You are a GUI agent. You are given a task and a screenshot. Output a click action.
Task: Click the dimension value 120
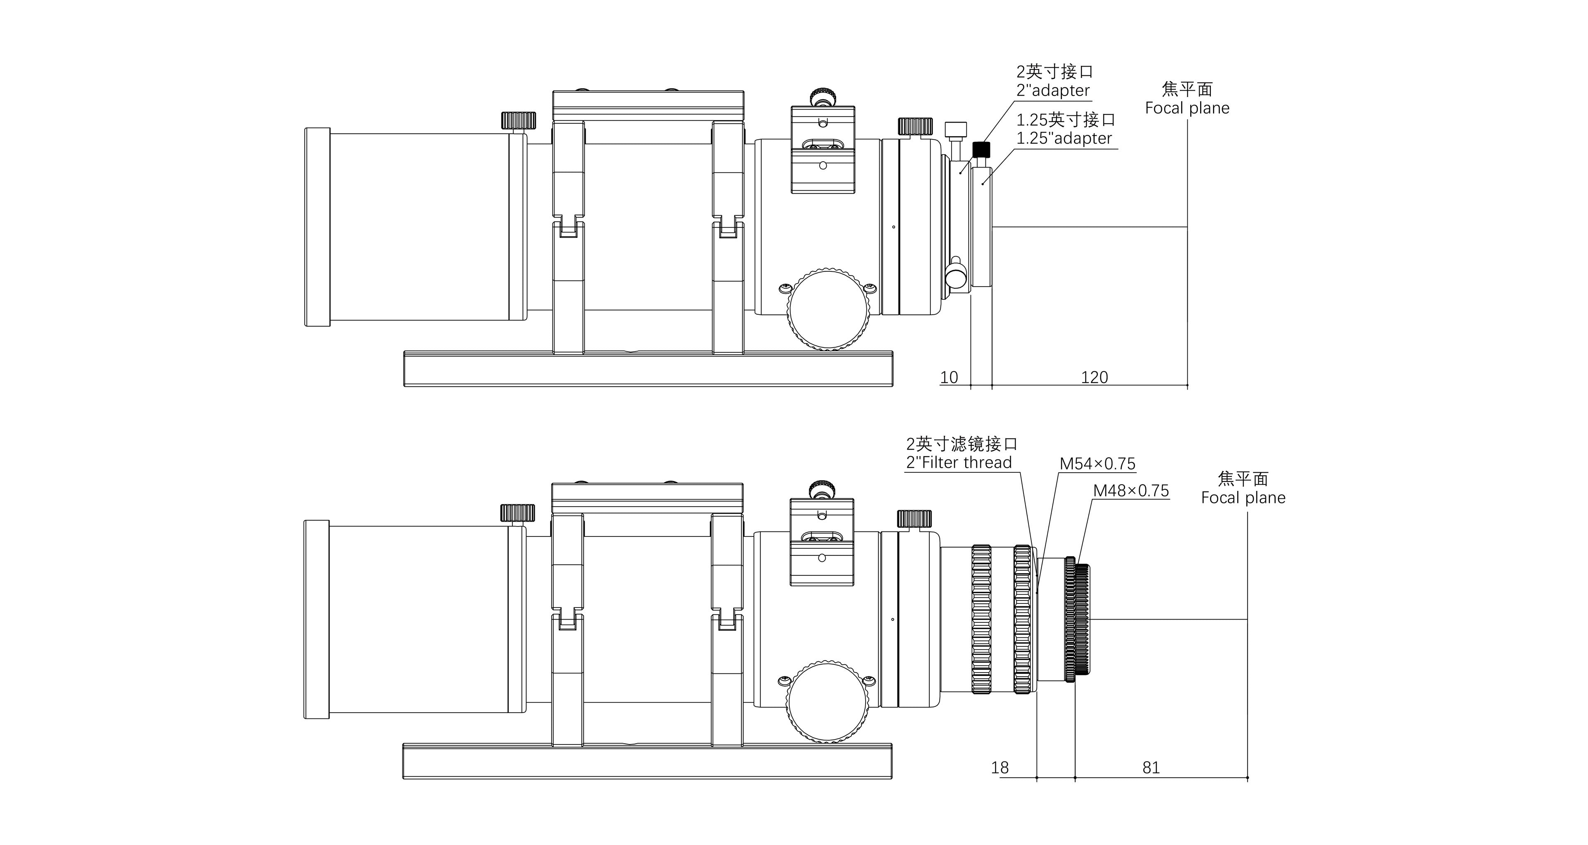coord(1094,377)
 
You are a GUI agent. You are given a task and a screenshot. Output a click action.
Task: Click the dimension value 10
coord(949,377)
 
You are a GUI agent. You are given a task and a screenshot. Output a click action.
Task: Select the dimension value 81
coord(1151,767)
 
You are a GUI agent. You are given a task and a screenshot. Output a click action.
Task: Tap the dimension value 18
coord(1000,767)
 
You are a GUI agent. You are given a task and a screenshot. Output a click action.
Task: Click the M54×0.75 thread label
coord(1097,464)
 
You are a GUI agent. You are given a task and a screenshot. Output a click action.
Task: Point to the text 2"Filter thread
coord(959,462)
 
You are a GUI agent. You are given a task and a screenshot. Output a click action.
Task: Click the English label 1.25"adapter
coord(1064,138)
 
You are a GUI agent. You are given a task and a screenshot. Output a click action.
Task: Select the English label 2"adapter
coord(1053,91)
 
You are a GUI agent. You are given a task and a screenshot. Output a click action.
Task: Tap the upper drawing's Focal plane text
coord(1187,108)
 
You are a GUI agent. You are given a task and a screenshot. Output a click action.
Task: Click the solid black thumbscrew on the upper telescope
coord(981,149)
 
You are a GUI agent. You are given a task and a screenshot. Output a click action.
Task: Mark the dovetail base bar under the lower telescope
coord(647,761)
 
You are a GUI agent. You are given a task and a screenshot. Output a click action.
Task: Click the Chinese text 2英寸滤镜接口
coord(961,444)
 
